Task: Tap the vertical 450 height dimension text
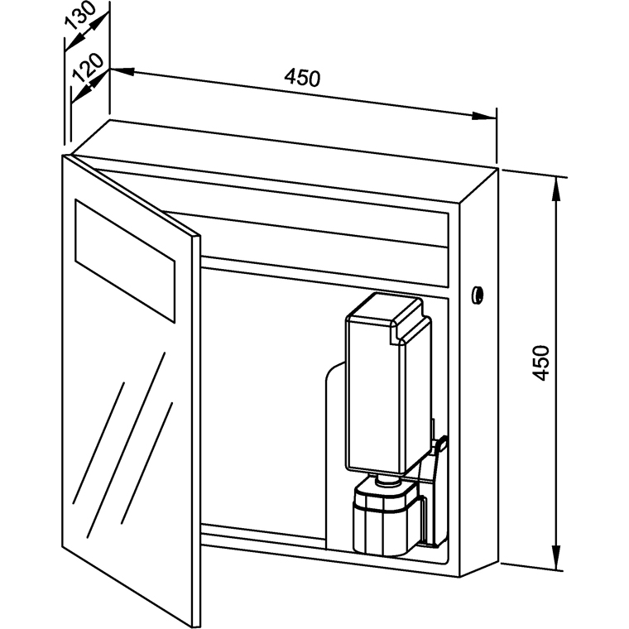pos(540,363)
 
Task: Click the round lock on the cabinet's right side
pos(477,293)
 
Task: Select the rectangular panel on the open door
pos(125,261)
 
